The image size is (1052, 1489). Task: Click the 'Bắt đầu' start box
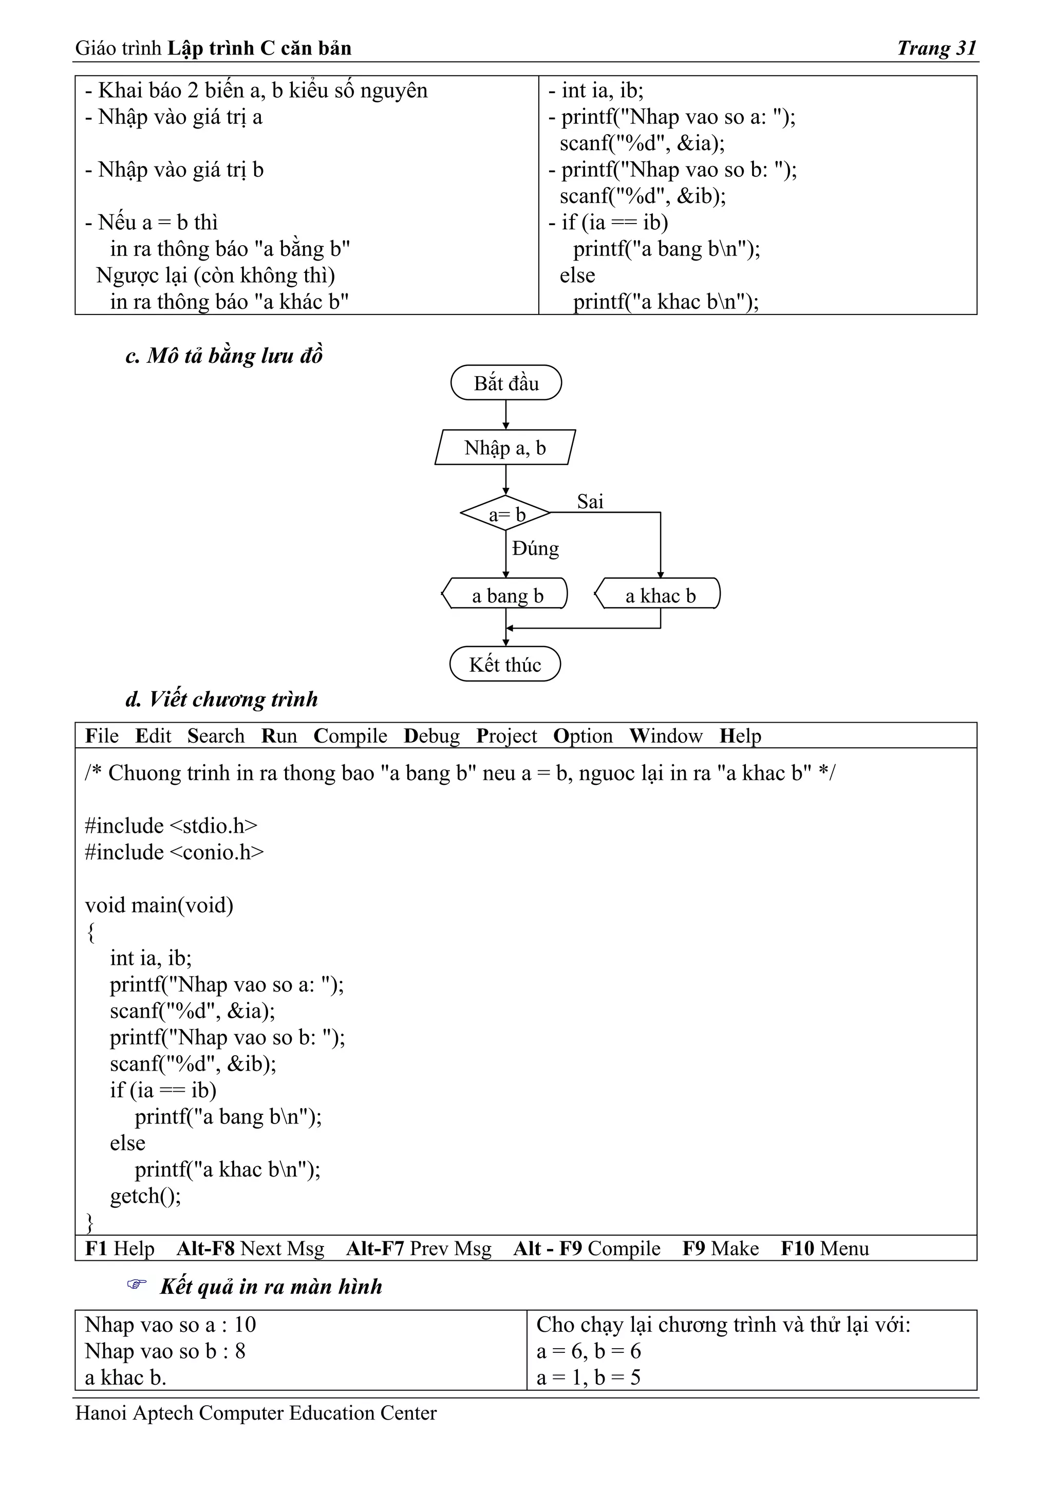click(505, 382)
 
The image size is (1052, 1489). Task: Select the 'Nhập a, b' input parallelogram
click(505, 448)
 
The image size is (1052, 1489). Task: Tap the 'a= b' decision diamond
click(505, 513)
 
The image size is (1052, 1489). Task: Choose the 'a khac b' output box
click(659, 594)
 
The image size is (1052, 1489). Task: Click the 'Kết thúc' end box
click(505, 664)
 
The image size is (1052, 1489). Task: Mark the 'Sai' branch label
click(590, 501)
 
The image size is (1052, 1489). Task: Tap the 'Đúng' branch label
click(535, 548)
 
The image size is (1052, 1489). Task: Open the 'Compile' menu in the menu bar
click(350, 736)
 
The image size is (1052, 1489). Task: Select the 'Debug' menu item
click(431, 736)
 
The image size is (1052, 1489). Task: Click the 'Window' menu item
click(666, 736)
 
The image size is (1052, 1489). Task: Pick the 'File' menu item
click(102, 736)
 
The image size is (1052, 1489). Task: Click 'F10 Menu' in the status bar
click(824, 1248)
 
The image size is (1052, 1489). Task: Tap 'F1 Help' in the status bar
click(120, 1248)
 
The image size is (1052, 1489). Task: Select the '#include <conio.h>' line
click(174, 852)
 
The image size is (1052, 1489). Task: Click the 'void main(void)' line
click(159, 905)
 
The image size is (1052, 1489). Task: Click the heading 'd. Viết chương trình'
click(222, 699)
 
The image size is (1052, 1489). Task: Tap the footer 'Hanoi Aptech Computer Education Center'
click(256, 1413)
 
